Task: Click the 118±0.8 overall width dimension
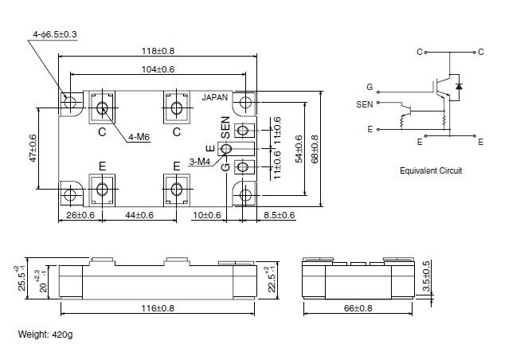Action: pos(158,51)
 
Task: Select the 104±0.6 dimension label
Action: pos(158,69)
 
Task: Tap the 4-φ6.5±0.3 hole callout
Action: pos(55,34)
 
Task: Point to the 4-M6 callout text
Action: pos(139,137)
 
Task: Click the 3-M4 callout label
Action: pos(200,162)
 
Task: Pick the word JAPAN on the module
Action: pos(215,98)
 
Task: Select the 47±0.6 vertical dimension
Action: pos(33,148)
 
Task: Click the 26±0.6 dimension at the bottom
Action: pos(80,215)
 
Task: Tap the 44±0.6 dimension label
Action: pos(139,215)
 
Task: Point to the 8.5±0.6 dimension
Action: pos(280,215)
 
